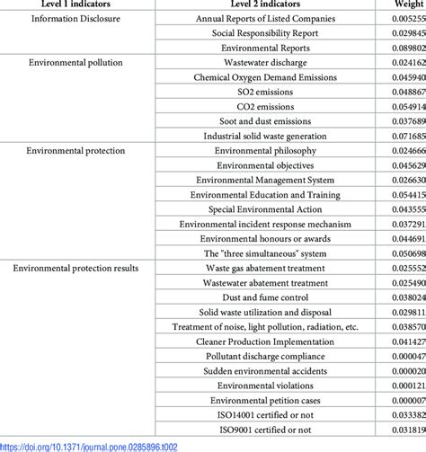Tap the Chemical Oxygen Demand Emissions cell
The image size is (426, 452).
tap(271, 79)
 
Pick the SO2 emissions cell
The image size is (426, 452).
tap(271, 93)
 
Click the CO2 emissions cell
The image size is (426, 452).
tap(271, 109)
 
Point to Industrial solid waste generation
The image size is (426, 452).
tap(271, 138)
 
